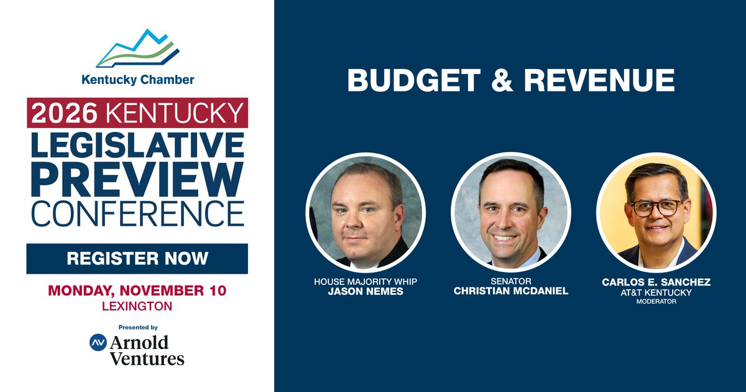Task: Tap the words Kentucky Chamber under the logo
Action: (x=137, y=80)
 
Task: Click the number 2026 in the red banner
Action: (x=64, y=113)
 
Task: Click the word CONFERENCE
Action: (x=137, y=213)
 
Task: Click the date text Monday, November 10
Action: (x=137, y=291)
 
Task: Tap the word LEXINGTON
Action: (x=137, y=306)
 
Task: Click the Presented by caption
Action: (x=137, y=327)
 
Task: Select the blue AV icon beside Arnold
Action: (x=98, y=342)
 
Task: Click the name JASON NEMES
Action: (x=366, y=291)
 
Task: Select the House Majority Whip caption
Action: (x=366, y=282)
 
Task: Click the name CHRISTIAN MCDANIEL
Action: (x=510, y=291)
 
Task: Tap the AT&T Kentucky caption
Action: (x=656, y=292)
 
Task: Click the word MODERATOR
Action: (x=656, y=302)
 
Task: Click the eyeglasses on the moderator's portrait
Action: (x=655, y=208)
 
